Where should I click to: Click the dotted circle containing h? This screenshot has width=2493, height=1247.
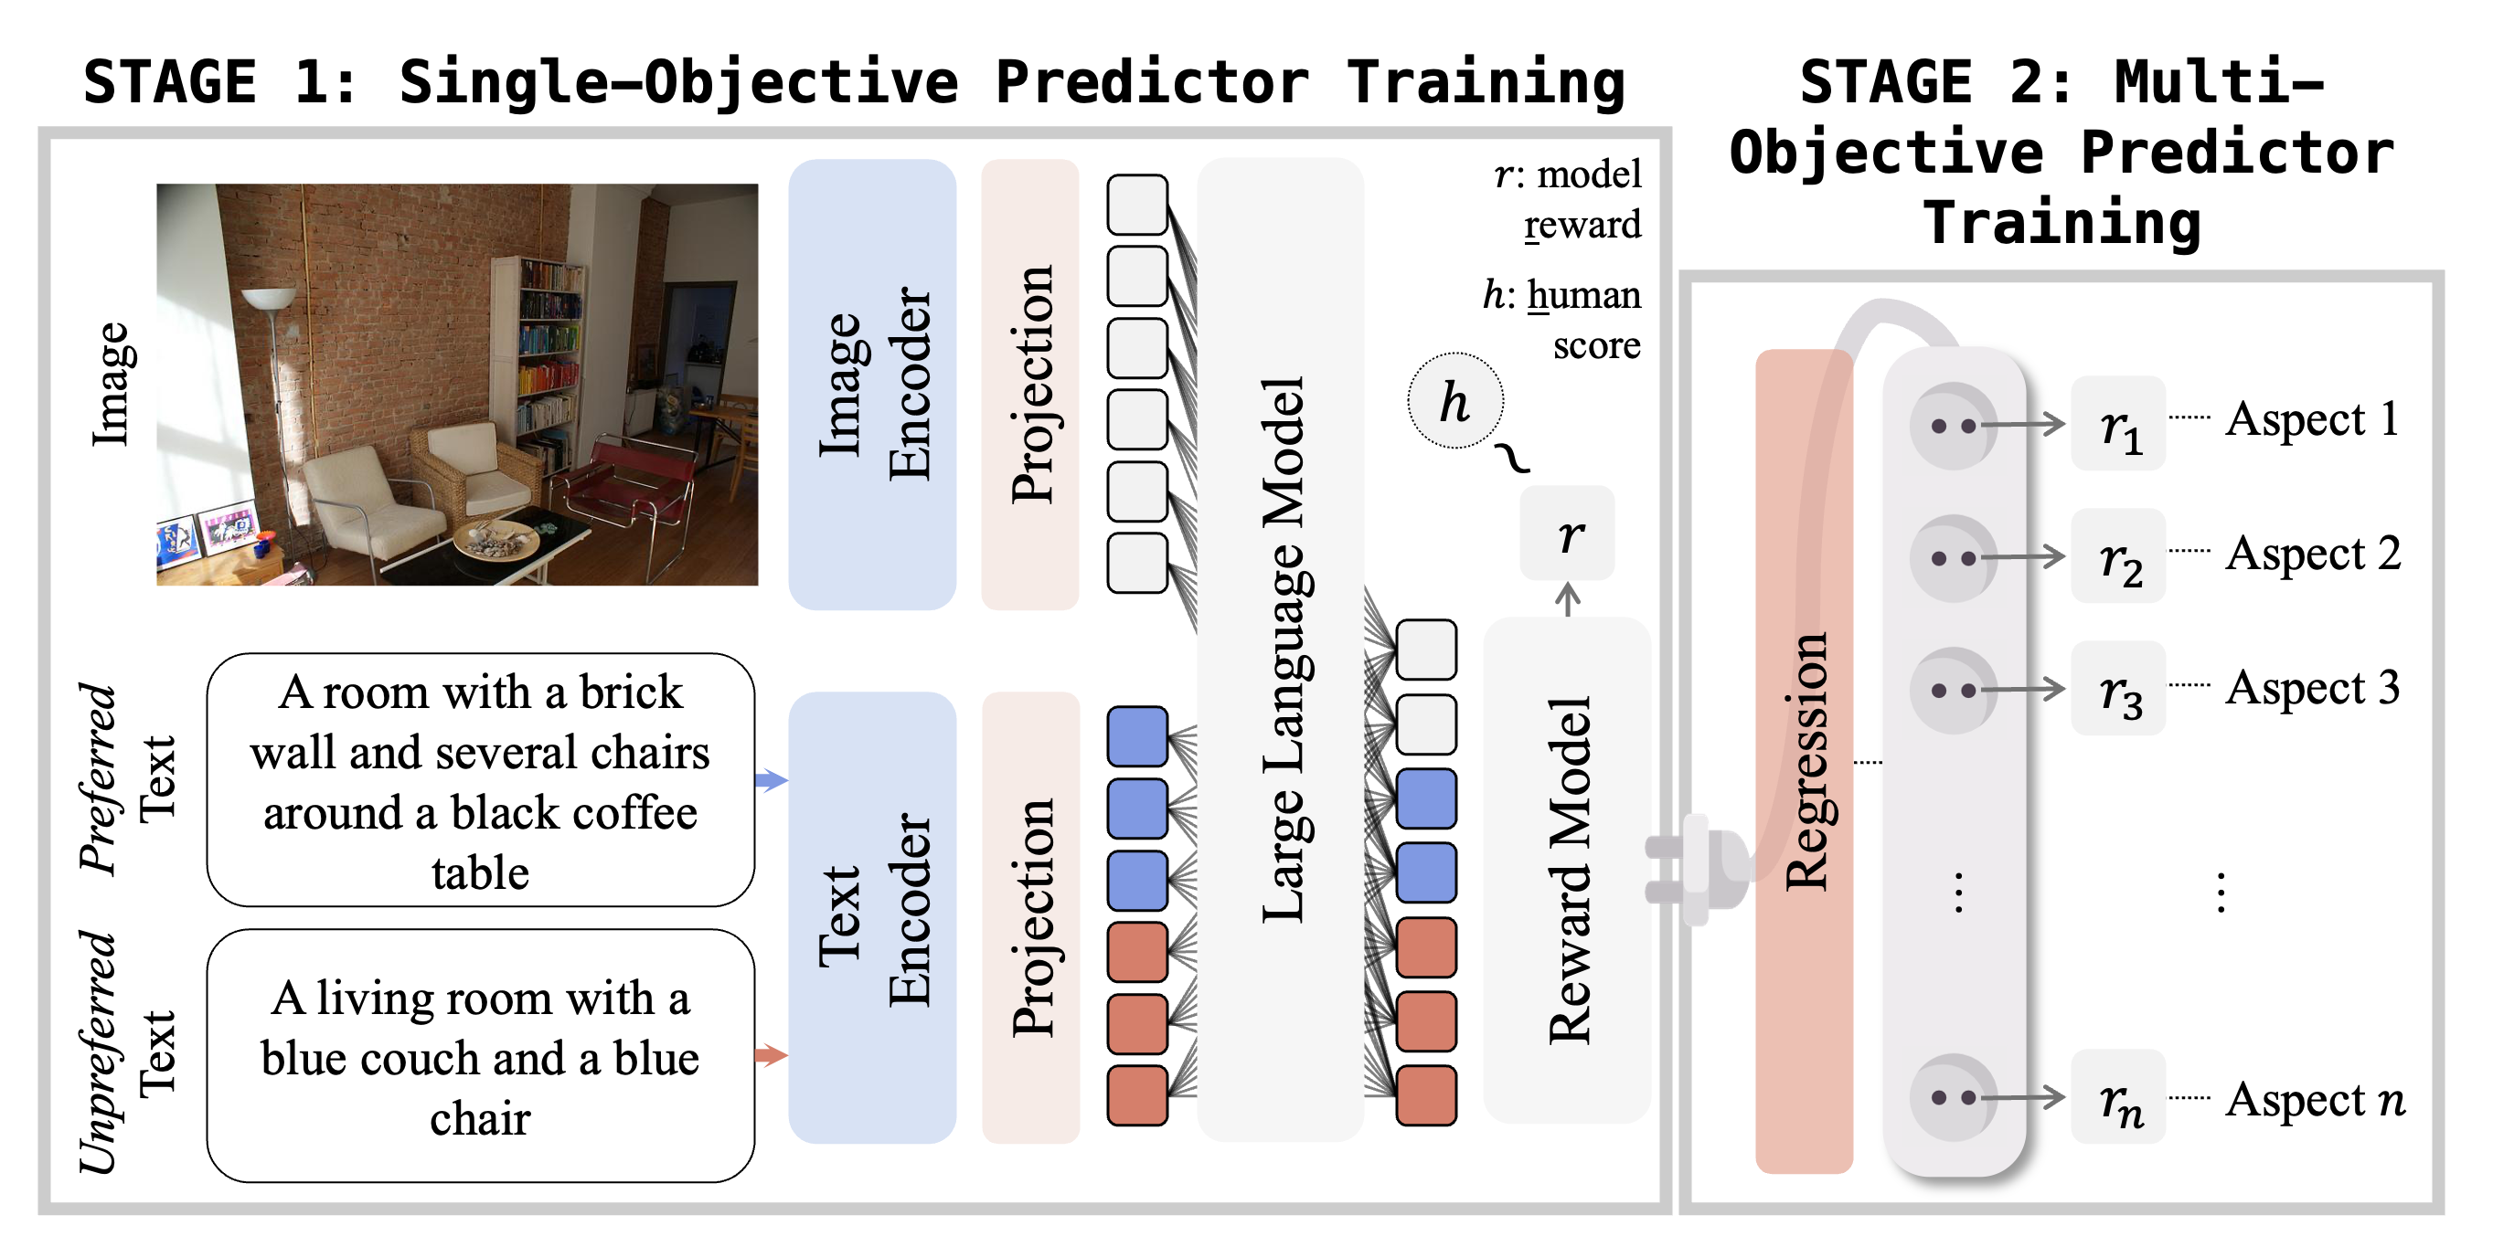(x=1454, y=400)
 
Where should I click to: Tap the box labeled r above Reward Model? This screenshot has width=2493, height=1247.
(x=1567, y=533)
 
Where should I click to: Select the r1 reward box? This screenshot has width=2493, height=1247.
(x=2117, y=424)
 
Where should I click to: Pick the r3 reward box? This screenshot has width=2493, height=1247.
(x=2117, y=689)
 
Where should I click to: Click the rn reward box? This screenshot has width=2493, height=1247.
(x=2117, y=1097)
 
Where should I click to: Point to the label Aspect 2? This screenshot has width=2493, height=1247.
(x=2312, y=554)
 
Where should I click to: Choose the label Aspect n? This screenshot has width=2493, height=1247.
(x=2314, y=1099)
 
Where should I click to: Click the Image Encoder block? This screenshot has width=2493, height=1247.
(x=872, y=384)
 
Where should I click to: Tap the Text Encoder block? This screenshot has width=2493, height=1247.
(x=872, y=917)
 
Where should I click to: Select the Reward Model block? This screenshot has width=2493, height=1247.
(x=1567, y=870)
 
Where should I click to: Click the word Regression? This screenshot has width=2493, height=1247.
(x=1805, y=761)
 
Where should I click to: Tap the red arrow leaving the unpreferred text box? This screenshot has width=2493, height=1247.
(x=771, y=1054)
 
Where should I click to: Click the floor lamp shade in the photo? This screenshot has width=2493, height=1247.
(x=269, y=298)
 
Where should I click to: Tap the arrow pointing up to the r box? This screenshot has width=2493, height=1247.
(x=1568, y=598)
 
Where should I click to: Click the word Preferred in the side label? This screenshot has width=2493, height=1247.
(x=98, y=778)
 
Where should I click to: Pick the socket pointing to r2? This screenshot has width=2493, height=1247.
(x=1953, y=557)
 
